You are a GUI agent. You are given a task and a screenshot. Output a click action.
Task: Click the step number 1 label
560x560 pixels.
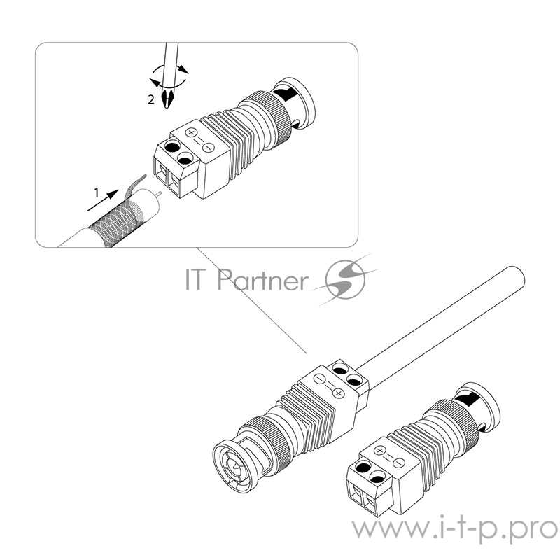coord(96,193)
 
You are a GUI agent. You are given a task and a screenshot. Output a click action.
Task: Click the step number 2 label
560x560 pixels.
coord(151,99)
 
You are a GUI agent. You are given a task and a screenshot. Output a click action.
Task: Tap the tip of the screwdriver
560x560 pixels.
coord(166,106)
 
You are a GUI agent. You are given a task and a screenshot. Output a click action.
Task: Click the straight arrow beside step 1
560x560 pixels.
coord(103,200)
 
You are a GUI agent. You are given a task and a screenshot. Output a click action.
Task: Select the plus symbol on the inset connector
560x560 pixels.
coord(191,132)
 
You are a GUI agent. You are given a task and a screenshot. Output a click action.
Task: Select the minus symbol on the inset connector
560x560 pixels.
coord(209,147)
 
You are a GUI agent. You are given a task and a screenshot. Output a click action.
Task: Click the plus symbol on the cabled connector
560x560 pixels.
coord(338,393)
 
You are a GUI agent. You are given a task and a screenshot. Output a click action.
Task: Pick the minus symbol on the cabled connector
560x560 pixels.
coord(319,379)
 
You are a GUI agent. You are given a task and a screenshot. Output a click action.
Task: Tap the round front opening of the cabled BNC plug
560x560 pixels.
coord(233,465)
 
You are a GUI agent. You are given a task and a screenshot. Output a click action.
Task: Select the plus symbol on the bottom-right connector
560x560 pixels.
coord(380,451)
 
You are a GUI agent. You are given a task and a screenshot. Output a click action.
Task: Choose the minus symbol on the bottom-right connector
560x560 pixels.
coord(398,463)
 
